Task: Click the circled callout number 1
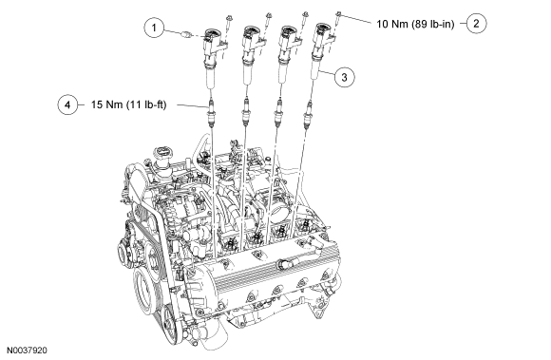[154, 27]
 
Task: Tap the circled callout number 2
[477, 24]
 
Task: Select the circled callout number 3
[344, 77]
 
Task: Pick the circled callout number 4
[67, 104]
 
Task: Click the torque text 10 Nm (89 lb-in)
[415, 24]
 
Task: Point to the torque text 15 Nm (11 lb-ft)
[128, 104]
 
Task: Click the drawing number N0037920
[27, 351]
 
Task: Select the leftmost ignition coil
[212, 56]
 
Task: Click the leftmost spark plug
[211, 112]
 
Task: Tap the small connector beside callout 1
[187, 34]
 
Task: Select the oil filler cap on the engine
[161, 155]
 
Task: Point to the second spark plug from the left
[246, 112]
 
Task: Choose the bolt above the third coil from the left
[305, 17]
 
